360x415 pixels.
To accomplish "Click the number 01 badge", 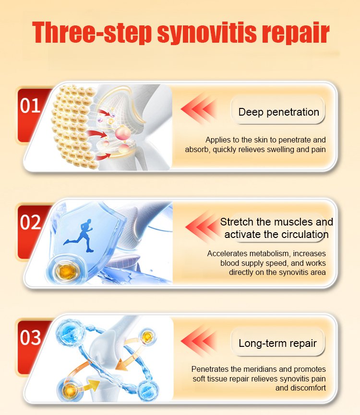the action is pos(30,106).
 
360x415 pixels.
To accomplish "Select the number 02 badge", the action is pos(30,222).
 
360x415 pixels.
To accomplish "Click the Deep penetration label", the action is pos(278,112).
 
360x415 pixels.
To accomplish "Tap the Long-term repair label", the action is pos(277,344).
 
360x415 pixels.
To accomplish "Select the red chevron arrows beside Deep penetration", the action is pos(199,109).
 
